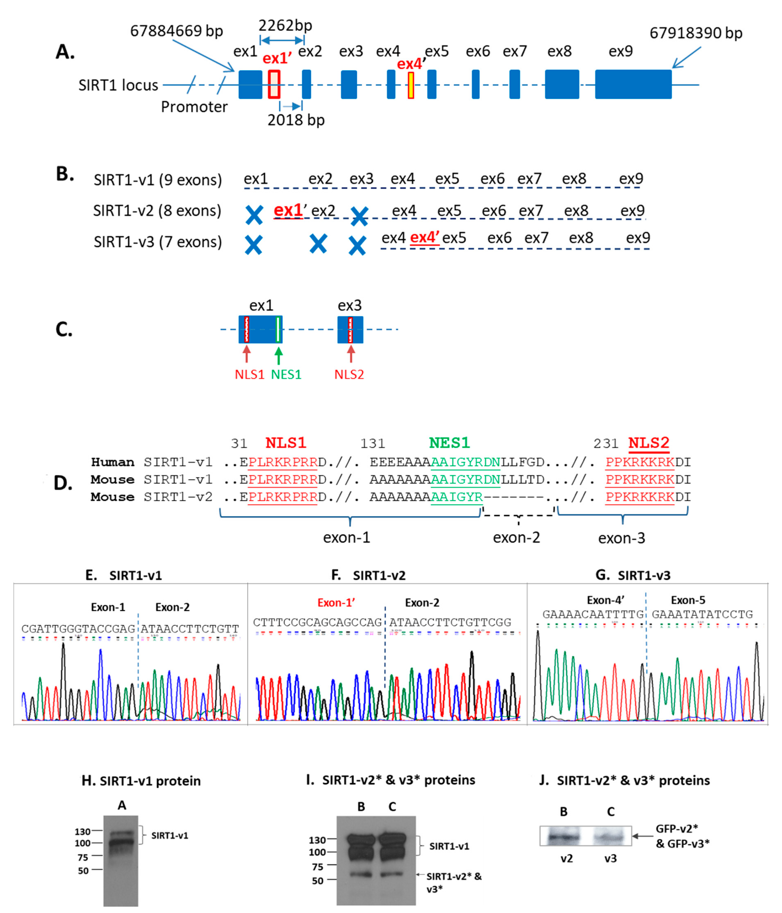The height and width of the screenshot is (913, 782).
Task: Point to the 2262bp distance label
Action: [x=285, y=26]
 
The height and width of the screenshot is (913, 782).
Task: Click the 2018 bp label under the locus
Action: [x=296, y=120]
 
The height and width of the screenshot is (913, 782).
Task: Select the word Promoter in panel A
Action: [x=194, y=107]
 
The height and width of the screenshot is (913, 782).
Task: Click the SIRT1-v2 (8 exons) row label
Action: [x=157, y=211]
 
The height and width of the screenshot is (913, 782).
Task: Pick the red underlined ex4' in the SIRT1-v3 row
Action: [x=424, y=237]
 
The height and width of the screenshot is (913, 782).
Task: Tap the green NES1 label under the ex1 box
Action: [x=286, y=374]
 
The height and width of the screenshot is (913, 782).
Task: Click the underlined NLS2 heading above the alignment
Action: [x=649, y=443]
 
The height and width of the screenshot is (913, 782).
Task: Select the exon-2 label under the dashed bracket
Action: [x=516, y=538]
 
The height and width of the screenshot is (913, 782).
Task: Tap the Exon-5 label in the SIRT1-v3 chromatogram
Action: [x=688, y=600]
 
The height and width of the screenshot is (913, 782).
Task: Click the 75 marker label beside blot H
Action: [x=83, y=857]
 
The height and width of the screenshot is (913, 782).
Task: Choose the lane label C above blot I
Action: [x=392, y=806]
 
